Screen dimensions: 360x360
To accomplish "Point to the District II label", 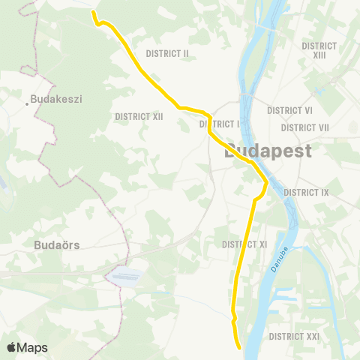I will pos(167,53).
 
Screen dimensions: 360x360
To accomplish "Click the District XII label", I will pos(139,116).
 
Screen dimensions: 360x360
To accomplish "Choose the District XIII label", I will pos(319,50).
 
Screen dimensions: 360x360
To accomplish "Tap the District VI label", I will pos(290,109).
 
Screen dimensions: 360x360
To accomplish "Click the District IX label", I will pos(307,193).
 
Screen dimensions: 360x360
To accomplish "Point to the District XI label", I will pos(245,244).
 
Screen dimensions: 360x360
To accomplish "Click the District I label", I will pos(220,124).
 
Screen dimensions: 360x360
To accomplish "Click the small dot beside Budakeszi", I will pos(27,103).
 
